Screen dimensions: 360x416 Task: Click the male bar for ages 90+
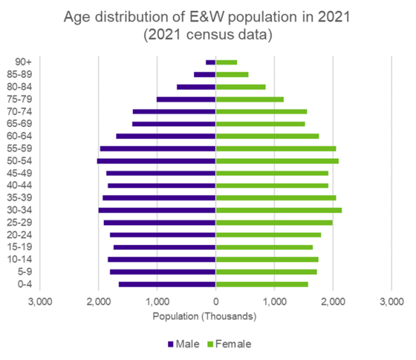(x=211, y=62)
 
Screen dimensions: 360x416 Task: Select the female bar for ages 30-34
(x=279, y=210)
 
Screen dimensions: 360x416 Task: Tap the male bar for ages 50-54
(x=157, y=161)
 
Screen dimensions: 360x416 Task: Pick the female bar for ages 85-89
(x=232, y=74)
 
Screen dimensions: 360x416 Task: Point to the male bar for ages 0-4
(x=167, y=284)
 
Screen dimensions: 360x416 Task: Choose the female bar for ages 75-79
(x=250, y=99)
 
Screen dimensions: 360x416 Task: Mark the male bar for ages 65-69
(x=174, y=124)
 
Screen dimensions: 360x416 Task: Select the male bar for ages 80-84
(x=196, y=87)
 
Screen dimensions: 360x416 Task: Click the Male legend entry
(x=184, y=343)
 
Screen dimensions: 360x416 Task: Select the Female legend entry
(x=230, y=343)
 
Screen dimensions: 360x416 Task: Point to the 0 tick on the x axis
(x=216, y=302)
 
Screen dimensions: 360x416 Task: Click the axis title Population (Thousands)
(x=204, y=317)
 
